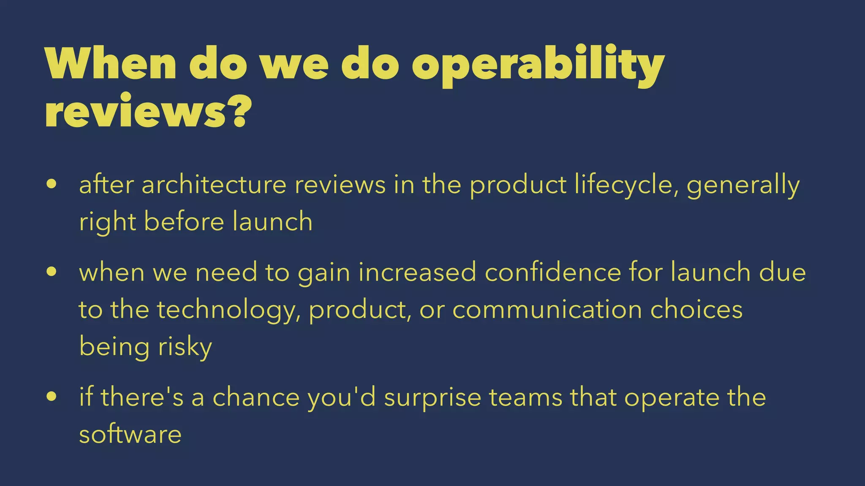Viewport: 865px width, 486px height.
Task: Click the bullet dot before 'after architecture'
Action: point(52,184)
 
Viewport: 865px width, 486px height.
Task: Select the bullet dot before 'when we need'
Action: point(52,272)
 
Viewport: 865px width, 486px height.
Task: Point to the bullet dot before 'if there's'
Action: point(52,397)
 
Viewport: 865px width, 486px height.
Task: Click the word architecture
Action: point(214,185)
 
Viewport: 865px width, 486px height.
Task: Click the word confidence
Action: point(553,272)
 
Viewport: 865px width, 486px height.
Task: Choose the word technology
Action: point(226,310)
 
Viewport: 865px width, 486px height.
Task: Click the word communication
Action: point(547,309)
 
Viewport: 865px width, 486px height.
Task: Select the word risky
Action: point(185,347)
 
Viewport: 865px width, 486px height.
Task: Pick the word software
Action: point(130,434)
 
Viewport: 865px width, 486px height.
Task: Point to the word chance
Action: point(256,397)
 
